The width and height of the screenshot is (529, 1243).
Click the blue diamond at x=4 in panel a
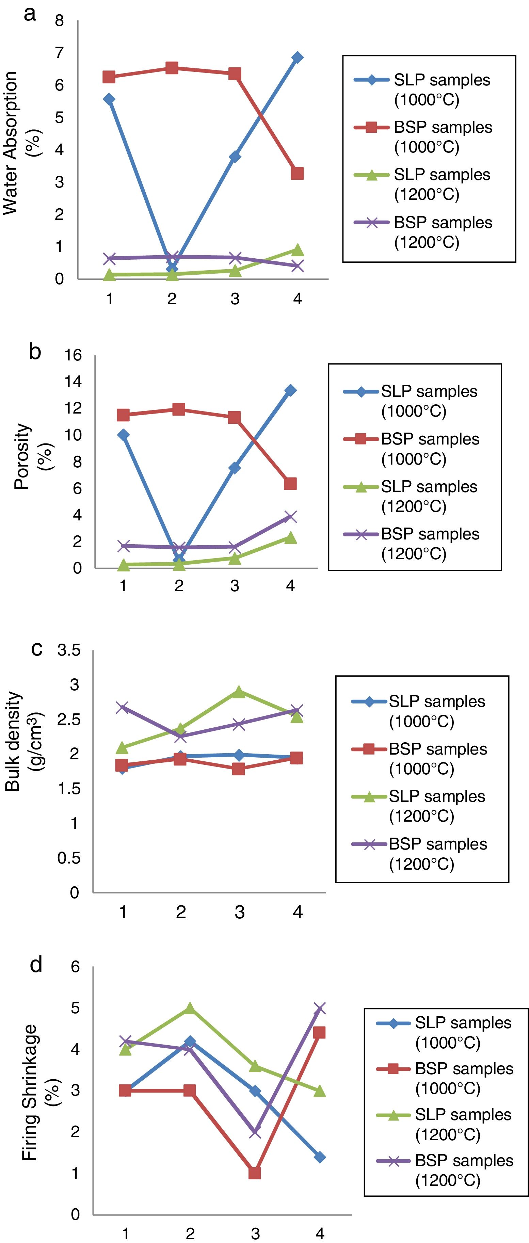[x=297, y=58]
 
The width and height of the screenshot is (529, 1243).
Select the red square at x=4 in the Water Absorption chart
[x=297, y=173]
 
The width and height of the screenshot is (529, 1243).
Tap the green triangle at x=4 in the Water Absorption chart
[x=297, y=250]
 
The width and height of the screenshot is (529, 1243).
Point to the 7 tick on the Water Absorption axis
[x=59, y=53]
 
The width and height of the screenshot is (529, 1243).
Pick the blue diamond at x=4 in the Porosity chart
[x=290, y=390]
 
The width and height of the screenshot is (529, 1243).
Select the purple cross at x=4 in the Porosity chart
[x=290, y=517]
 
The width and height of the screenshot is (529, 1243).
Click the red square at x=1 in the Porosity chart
[x=123, y=415]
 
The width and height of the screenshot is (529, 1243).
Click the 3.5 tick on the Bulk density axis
[x=69, y=651]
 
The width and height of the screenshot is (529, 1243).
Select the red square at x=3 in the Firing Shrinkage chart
[x=255, y=1173]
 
